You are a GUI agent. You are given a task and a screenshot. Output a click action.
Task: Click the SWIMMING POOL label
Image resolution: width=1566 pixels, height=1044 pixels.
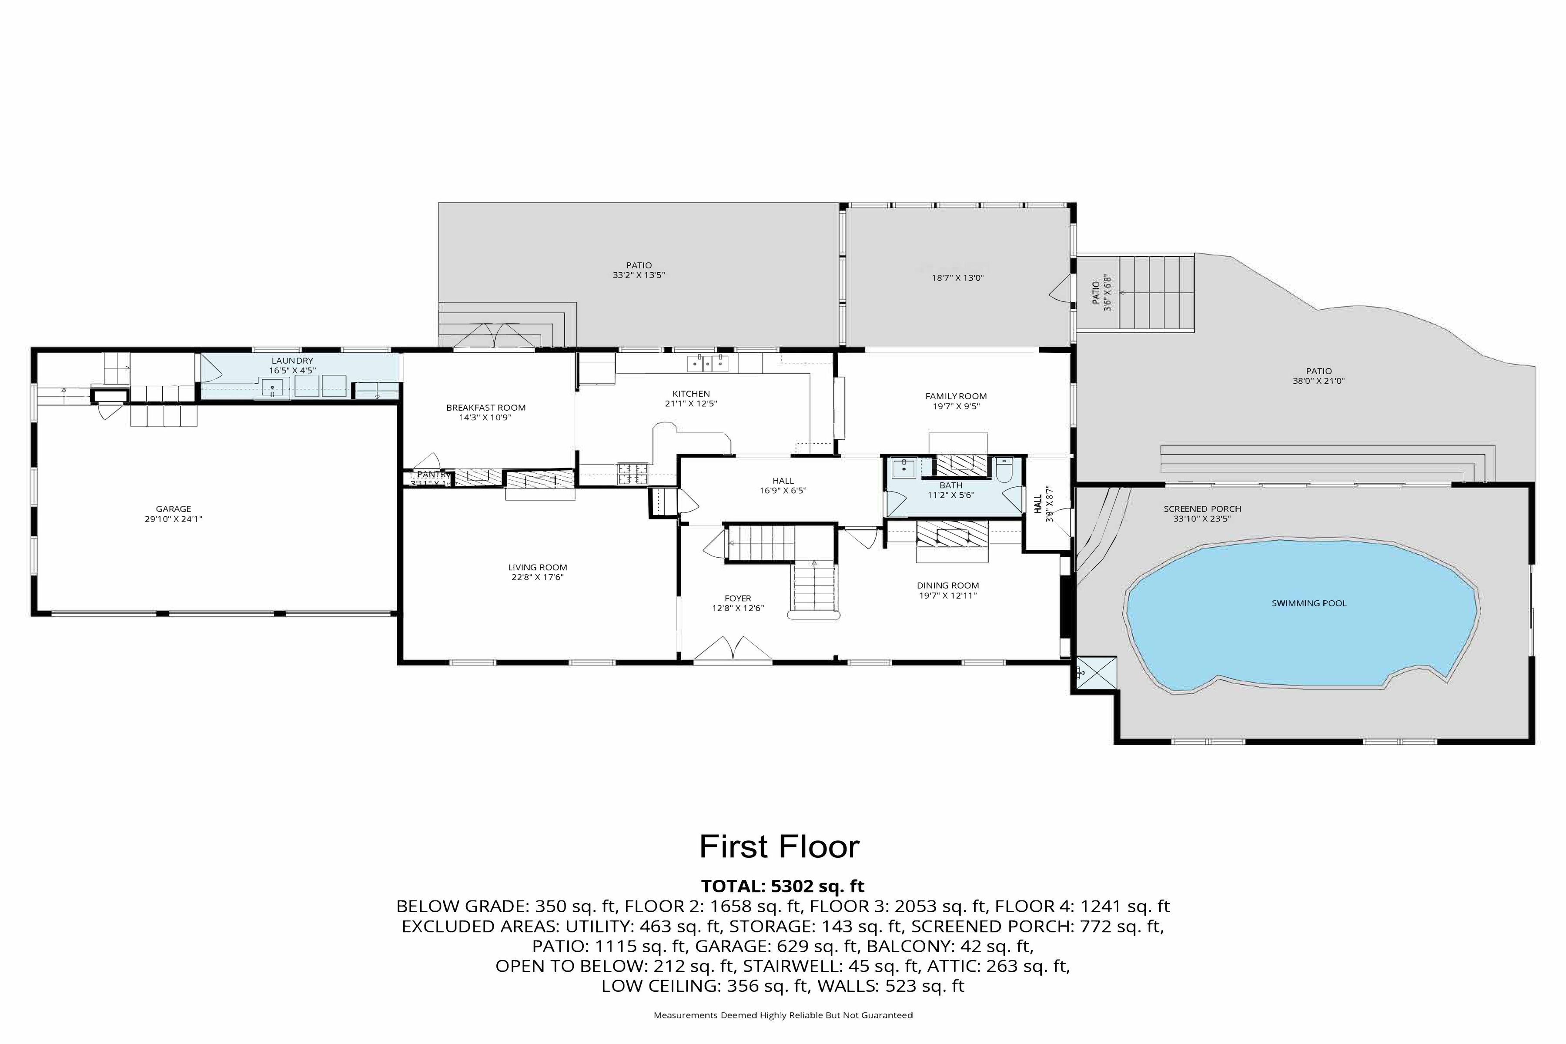click(1308, 603)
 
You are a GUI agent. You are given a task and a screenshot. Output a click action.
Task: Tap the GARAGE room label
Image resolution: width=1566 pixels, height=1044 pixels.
click(173, 509)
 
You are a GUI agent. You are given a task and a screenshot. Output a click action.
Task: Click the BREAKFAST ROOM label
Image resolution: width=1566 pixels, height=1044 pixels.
click(485, 408)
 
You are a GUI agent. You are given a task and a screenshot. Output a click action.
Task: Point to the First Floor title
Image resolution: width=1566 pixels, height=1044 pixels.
click(779, 847)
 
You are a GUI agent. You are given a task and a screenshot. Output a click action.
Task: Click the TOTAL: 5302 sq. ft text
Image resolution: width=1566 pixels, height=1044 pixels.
click(782, 886)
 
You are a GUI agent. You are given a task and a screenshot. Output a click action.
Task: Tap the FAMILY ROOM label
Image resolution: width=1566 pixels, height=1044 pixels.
click(955, 396)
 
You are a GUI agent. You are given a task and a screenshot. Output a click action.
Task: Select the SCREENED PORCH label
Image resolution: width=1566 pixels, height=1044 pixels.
click(1202, 509)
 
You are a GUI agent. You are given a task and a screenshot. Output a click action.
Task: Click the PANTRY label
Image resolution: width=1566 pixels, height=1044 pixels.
click(432, 475)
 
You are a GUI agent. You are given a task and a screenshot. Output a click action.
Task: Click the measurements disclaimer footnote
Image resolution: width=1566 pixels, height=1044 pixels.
click(782, 1015)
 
